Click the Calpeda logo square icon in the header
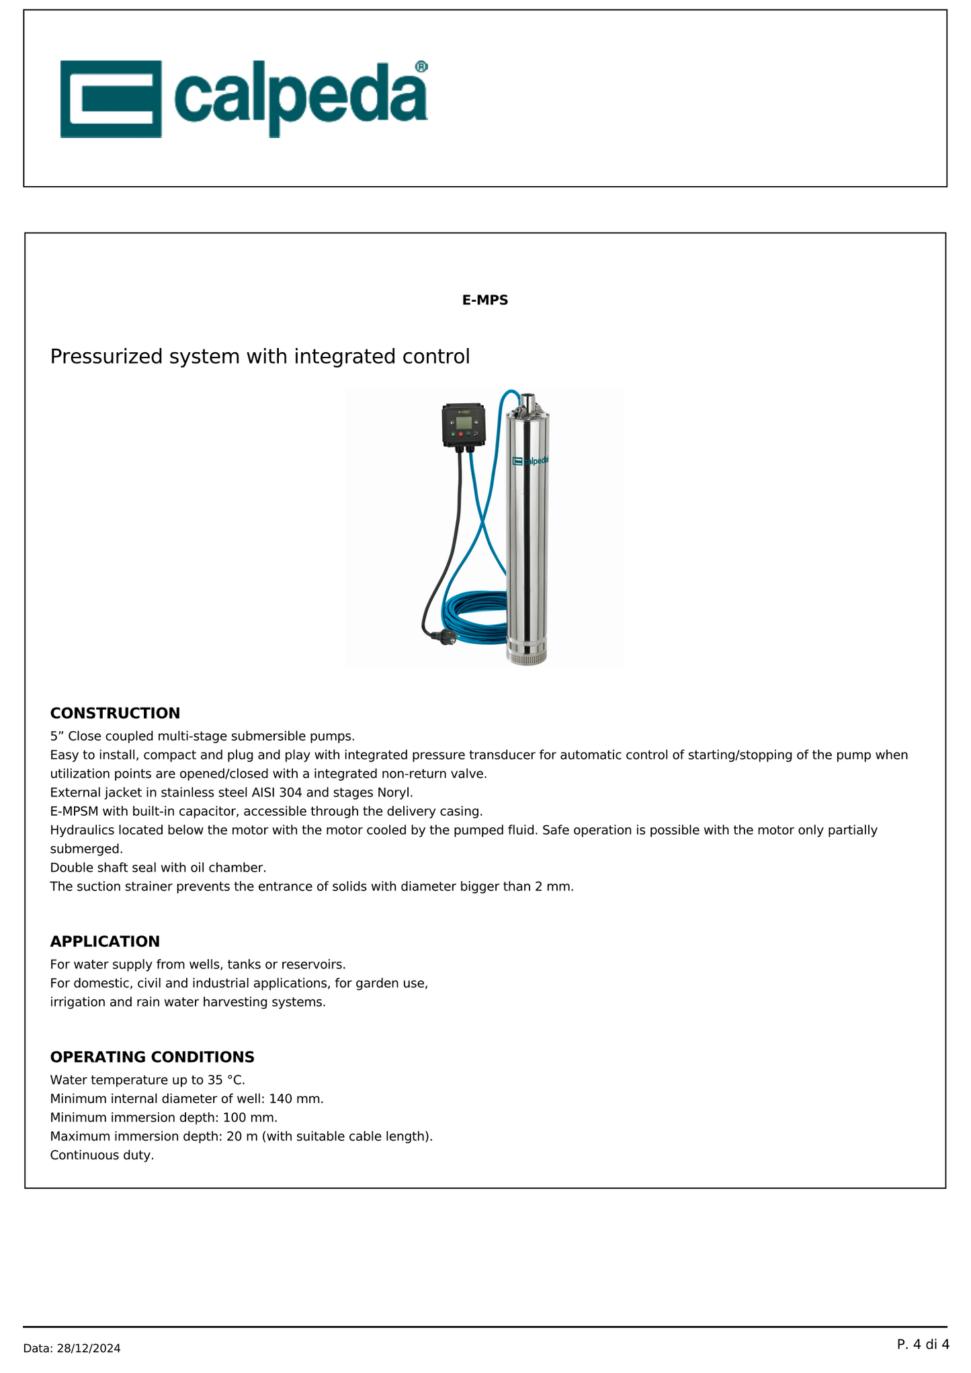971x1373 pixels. click(x=111, y=99)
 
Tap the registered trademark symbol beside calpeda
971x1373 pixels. click(x=421, y=66)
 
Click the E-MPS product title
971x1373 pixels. click(x=484, y=300)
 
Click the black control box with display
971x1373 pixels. click(x=465, y=425)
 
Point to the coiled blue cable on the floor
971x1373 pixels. click(x=474, y=615)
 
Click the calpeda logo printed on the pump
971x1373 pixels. click(x=531, y=461)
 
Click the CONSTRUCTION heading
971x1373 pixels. click(x=115, y=713)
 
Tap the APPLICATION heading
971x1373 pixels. click(x=105, y=942)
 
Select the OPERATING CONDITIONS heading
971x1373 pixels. click(x=152, y=1057)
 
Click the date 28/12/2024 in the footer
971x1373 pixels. click(x=87, y=1348)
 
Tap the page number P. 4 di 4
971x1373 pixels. click(x=923, y=1344)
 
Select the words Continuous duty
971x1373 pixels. click(x=101, y=1155)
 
